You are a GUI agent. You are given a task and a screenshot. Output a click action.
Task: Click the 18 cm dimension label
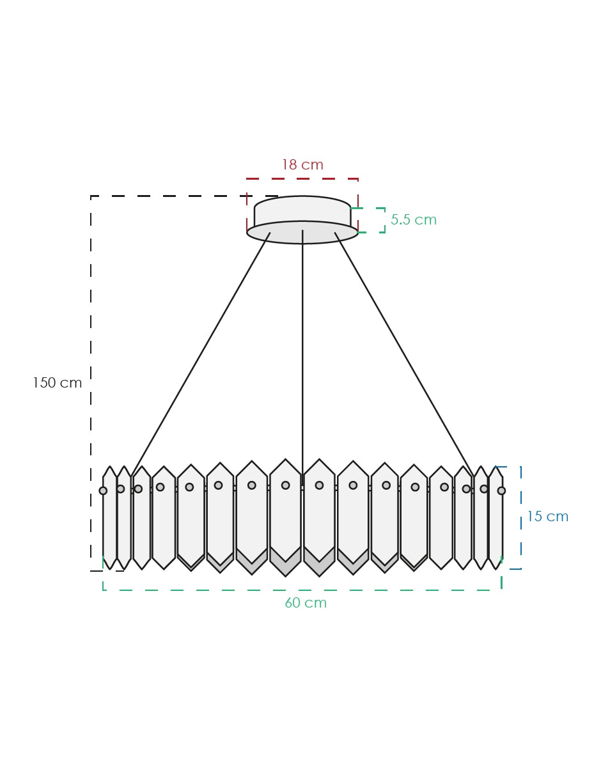tap(302, 165)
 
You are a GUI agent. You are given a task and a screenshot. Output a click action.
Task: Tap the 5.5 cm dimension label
tap(414, 219)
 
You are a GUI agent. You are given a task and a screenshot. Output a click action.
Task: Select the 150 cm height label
tap(58, 383)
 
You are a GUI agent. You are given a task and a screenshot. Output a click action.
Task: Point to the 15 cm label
tap(547, 517)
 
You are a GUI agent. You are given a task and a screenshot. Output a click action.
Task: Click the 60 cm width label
tap(306, 603)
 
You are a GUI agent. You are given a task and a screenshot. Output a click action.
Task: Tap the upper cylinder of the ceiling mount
tap(302, 209)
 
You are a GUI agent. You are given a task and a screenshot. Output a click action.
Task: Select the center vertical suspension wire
tap(302, 357)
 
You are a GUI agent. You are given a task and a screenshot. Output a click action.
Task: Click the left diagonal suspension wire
tap(201, 354)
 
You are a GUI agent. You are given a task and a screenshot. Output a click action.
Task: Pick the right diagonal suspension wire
tap(404, 354)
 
